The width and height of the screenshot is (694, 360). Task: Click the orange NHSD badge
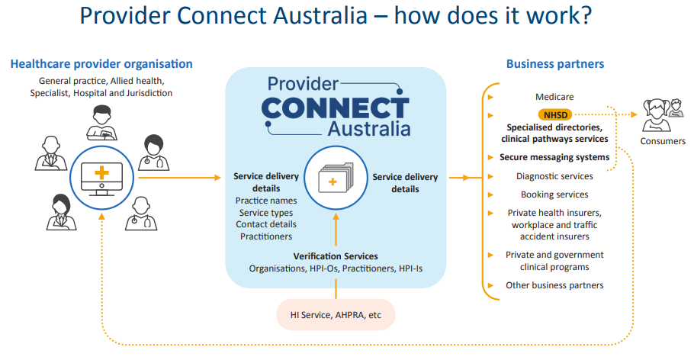(555, 115)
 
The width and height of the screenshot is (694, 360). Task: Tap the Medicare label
(554, 97)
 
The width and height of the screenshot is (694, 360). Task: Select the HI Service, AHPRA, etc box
(336, 315)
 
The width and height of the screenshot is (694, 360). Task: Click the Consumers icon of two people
(663, 115)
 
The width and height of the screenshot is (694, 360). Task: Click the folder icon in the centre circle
(336, 178)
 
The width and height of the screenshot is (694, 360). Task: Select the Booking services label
(554, 194)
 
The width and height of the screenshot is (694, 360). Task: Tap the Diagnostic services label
(554, 176)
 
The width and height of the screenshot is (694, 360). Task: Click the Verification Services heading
(336, 256)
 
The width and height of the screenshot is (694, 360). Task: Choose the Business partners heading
(555, 64)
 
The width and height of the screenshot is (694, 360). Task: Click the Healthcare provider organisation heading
(101, 64)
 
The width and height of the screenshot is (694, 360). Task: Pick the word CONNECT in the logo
(335, 108)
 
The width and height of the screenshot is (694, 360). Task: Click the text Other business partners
(554, 285)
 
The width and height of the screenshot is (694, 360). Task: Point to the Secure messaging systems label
(554, 158)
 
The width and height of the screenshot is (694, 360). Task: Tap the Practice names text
(266, 201)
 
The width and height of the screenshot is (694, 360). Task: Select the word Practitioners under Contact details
(266, 237)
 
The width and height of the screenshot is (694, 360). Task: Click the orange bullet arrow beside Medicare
(490, 97)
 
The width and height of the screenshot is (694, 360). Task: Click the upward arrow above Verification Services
(336, 230)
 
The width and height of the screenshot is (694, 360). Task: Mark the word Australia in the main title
(320, 15)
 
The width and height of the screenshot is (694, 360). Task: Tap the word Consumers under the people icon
(663, 141)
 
